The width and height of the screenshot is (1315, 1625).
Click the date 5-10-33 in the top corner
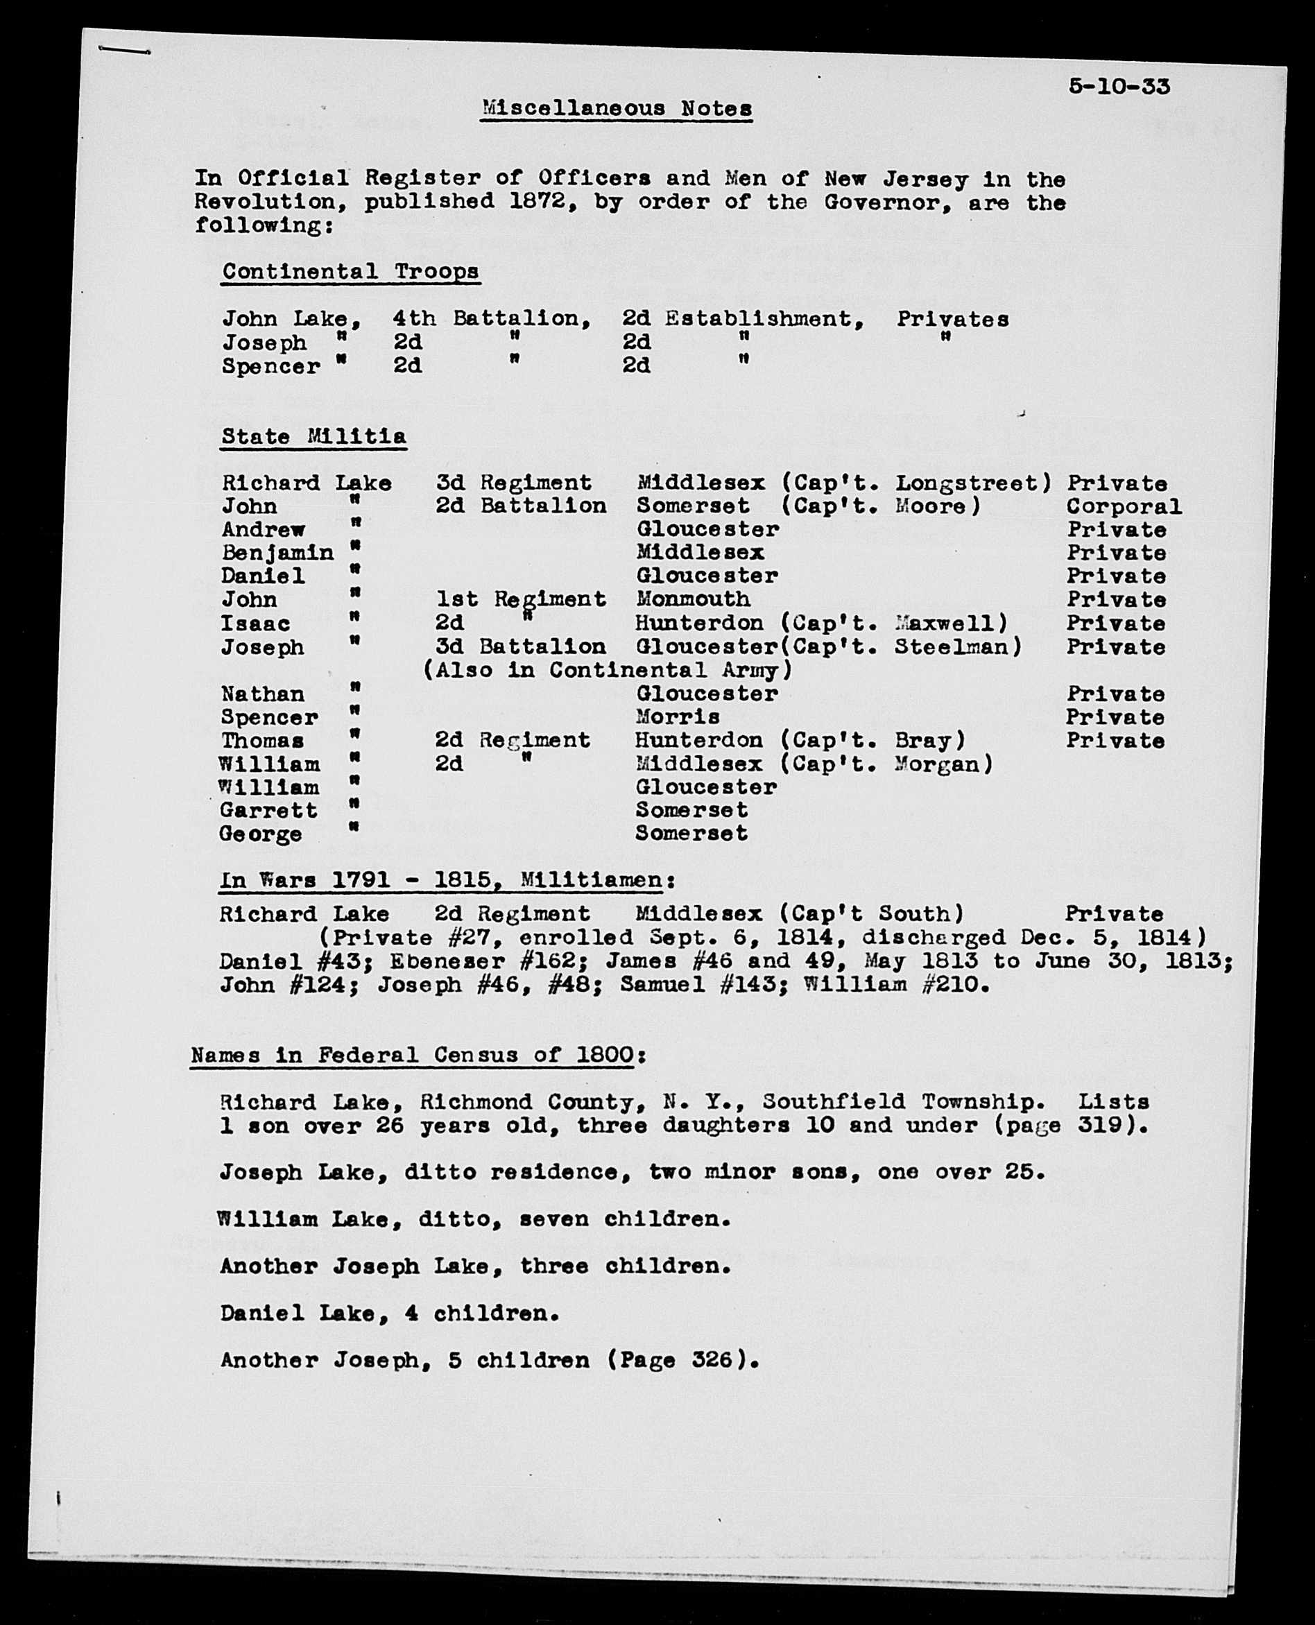1119,87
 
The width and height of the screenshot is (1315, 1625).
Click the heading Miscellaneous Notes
617,109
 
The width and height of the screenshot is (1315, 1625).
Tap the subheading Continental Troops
350,272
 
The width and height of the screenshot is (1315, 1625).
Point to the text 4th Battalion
491,319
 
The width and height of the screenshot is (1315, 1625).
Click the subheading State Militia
313,437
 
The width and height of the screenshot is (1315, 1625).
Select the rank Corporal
1124,507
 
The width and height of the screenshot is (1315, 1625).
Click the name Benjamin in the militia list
277,553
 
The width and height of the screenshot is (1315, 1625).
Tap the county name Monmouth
693,599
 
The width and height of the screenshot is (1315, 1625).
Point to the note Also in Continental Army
608,671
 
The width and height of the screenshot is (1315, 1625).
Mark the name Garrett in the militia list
269,811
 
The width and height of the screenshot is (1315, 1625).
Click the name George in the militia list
261,834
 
